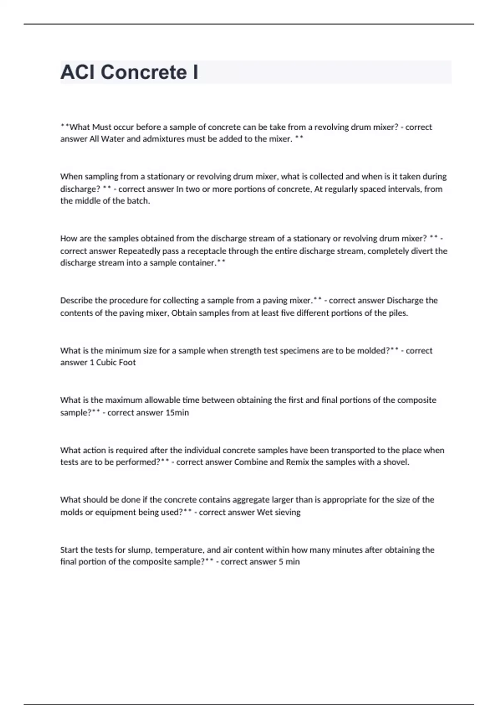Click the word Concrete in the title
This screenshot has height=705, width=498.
pos(144,72)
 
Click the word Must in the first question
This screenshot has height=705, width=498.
pos(102,127)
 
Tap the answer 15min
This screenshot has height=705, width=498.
pos(177,413)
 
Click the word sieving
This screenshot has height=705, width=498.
pos(288,512)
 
